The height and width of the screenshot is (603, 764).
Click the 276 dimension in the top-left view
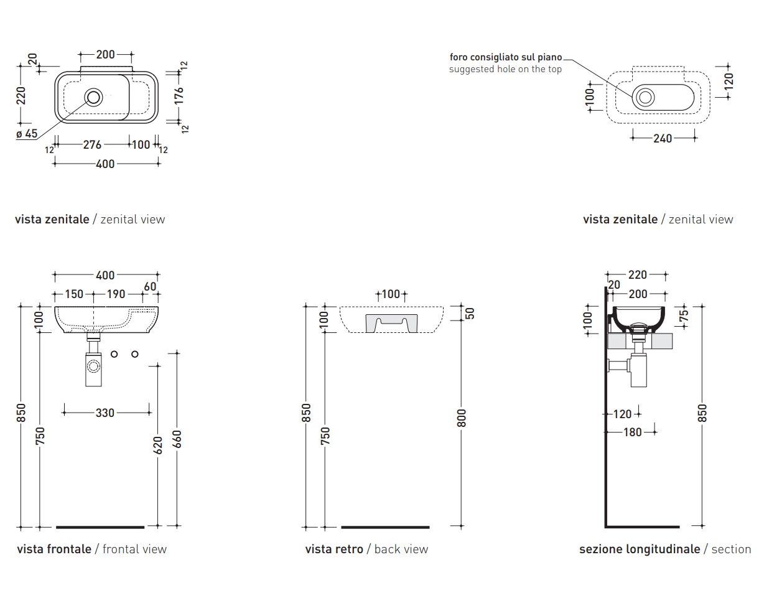point(92,144)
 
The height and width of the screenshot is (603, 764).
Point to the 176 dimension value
point(179,95)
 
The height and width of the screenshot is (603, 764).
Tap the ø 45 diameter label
point(27,133)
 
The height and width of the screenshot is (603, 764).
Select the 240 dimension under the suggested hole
point(663,139)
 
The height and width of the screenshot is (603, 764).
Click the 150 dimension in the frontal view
point(74,294)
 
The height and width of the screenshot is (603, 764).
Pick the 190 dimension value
point(116,294)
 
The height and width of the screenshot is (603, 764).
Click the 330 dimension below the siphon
point(105,412)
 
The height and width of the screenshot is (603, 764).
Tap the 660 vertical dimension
point(177,439)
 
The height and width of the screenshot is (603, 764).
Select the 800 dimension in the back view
point(461,416)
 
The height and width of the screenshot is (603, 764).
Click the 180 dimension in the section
point(632,432)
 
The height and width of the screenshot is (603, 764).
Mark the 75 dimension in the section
point(684,314)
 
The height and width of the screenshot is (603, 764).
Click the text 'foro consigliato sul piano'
point(505,57)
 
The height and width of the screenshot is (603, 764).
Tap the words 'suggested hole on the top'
point(505,69)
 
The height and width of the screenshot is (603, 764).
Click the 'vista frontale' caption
point(54,549)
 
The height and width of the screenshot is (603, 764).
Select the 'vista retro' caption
point(333,549)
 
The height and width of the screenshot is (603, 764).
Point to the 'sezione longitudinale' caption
point(639,549)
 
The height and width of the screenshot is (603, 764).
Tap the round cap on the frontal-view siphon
point(93,365)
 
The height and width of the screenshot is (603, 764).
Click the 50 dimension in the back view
point(470,312)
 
